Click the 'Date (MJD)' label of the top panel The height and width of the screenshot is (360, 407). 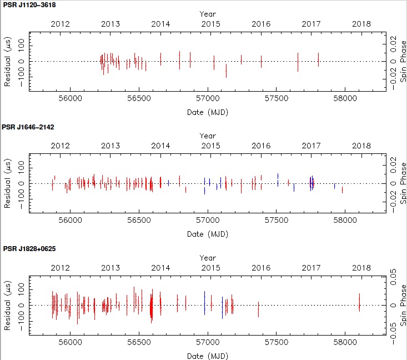pyautogui.click(x=208, y=112)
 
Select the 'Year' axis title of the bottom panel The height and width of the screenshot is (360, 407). pyautogui.click(x=208, y=258)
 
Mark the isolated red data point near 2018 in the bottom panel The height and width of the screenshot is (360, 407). pyautogui.click(x=359, y=302)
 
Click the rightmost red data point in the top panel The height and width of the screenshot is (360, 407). pyautogui.click(x=318, y=59)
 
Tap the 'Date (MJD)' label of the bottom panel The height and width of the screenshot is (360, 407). pyautogui.click(x=208, y=356)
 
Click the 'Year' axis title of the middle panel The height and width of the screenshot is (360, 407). pyautogui.click(x=208, y=136)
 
